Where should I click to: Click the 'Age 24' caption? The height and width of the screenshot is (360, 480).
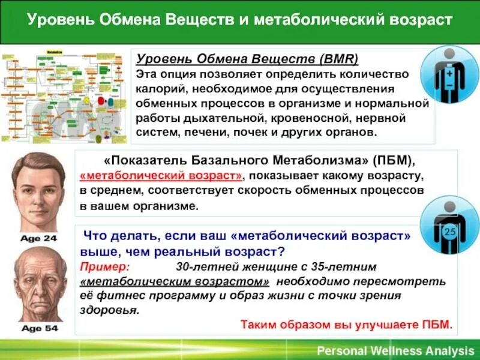pyautogui.click(x=38, y=238)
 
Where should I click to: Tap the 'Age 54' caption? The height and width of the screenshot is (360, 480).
pyautogui.click(x=38, y=328)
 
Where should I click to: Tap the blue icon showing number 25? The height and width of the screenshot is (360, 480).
pyautogui.click(x=449, y=227)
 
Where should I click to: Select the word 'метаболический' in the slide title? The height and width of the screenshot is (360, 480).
pyautogui.click(x=305, y=21)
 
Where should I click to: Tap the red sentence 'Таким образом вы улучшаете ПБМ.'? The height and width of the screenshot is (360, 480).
pyautogui.click(x=347, y=326)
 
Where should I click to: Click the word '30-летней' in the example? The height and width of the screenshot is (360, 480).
pyautogui.click(x=202, y=266)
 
